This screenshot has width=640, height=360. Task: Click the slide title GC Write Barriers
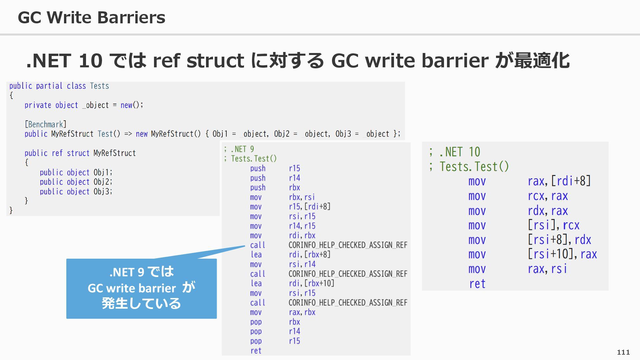click(x=91, y=17)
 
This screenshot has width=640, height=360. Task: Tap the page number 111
click(x=623, y=352)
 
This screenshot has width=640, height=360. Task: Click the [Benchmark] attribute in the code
click(x=46, y=124)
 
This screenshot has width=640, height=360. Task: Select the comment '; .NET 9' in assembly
click(x=239, y=149)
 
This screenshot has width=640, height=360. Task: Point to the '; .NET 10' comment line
click(x=455, y=152)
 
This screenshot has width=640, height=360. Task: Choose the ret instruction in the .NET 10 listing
click(x=477, y=284)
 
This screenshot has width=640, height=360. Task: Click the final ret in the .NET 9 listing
click(x=256, y=351)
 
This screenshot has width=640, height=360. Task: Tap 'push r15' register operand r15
click(x=294, y=168)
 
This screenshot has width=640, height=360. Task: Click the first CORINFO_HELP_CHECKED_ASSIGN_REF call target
click(x=348, y=245)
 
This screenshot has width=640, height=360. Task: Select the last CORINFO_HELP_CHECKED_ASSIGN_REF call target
click(x=348, y=303)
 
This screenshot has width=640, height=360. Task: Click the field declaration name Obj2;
click(x=103, y=182)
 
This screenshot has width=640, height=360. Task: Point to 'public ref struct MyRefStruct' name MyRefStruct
click(x=115, y=153)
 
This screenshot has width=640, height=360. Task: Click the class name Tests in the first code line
click(x=99, y=86)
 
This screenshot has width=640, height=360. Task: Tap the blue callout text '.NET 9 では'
click(x=141, y=272)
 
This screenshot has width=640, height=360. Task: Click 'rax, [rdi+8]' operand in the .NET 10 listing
click(x=559, y=181)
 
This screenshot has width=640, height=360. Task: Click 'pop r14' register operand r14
click(x=294, y=331)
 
